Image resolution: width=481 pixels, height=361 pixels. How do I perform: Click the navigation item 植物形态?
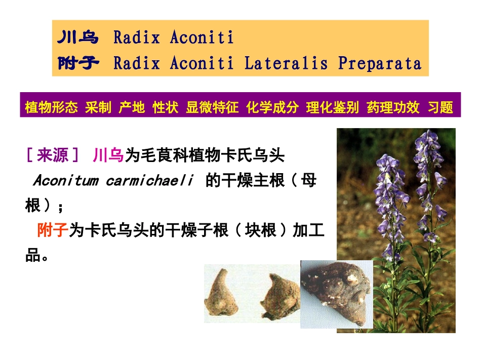(x=51, y=107)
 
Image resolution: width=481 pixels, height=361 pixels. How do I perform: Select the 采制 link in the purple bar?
(x=98, y=107)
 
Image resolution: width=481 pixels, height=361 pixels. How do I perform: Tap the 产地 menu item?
(x=132, y=107)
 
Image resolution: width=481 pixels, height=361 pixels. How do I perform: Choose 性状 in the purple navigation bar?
(x=166, y=107)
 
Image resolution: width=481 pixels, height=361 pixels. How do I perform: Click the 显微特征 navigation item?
(x=212, y=107)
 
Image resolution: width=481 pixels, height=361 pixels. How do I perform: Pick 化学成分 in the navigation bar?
(x=272, y=107)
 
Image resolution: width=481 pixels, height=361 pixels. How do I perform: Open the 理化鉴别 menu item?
(x=332, y=107)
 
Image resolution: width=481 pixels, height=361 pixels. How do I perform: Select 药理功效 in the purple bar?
(x=393, y=107)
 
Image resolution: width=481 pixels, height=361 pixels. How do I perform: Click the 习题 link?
(x=440, y=107)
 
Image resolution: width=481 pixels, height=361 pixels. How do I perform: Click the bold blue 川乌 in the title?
(x=77, y=37)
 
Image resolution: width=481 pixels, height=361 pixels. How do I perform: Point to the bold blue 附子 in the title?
(x=77, y=63)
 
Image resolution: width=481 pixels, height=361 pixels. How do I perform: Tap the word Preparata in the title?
(x=379, y=63)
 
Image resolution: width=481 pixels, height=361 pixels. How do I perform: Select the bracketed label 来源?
(x=53, y=155)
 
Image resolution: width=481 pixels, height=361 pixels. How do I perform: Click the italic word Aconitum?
(x=65, y=181)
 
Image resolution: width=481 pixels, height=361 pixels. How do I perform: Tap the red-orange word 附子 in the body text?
(x=52, y=231)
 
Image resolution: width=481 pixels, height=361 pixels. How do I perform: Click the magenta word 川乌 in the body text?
(x=108, y=155)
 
